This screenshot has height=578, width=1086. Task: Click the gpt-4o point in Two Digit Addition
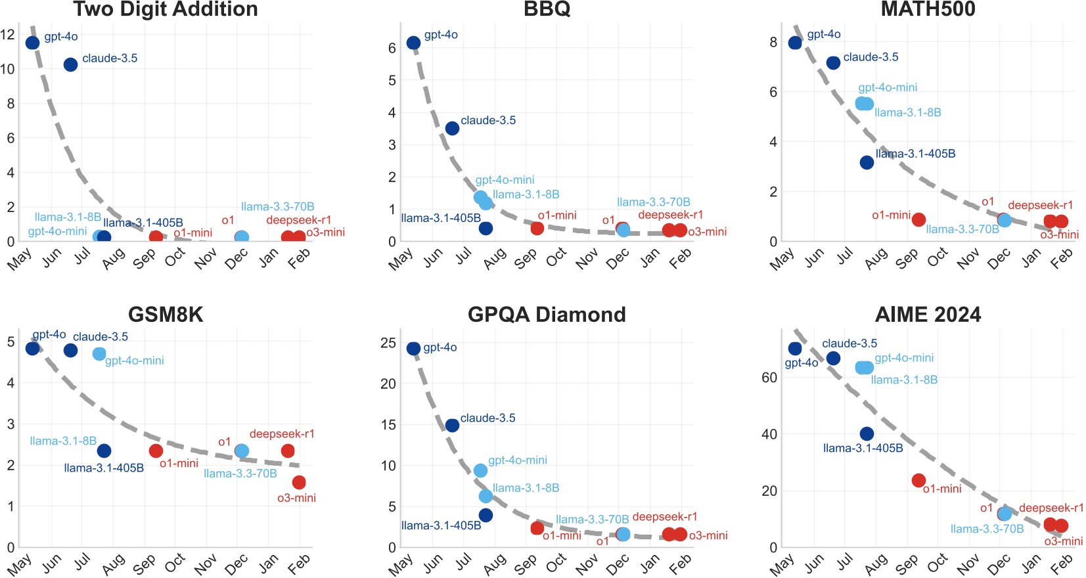pyautogui.click(x=32, y=43)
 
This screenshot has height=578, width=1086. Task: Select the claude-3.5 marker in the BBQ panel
pyautogui.click(x=452, y=128)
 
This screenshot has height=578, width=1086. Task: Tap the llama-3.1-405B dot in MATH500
pyautogui.click(x=867, y=162)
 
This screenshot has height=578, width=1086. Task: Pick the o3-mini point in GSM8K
pyautogui.click(x=299, y=482)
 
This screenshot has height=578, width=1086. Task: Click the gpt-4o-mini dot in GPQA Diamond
pyautogui.click(x=480, y=470)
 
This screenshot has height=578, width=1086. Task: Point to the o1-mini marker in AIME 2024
pyautogui.click(x=918, y=480)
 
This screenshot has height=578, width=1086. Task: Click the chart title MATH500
pyautogui.click(x=928, y=9)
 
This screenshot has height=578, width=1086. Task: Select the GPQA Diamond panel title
pyautogui.click(x=547, y=315)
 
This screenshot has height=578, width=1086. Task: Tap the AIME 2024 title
pyautogui.click(x=928, y=315)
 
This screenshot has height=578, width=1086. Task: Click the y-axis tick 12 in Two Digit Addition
pyautogui.click(x=7, y=35)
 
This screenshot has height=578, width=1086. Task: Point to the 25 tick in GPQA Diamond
pyautogui.click(x=388, y=343)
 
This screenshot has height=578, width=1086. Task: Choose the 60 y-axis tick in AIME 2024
pyautogui.click(x=769, y=378)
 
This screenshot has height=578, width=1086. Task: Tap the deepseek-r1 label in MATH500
pyautogui.click(x=1040, y=205)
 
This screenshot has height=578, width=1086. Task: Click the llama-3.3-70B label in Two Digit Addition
pyautogui.click(x=277, y=207)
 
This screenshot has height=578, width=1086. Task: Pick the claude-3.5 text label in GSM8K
pyautogui.click(x=101, y=337)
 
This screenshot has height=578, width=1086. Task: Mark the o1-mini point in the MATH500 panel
pyautogui.click(x=918, y=219)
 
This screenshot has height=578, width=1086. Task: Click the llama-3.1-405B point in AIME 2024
pyautogui.click(x=867, y=433)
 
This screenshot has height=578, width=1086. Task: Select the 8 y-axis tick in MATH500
pyautogui.click(x=773, y=42)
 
